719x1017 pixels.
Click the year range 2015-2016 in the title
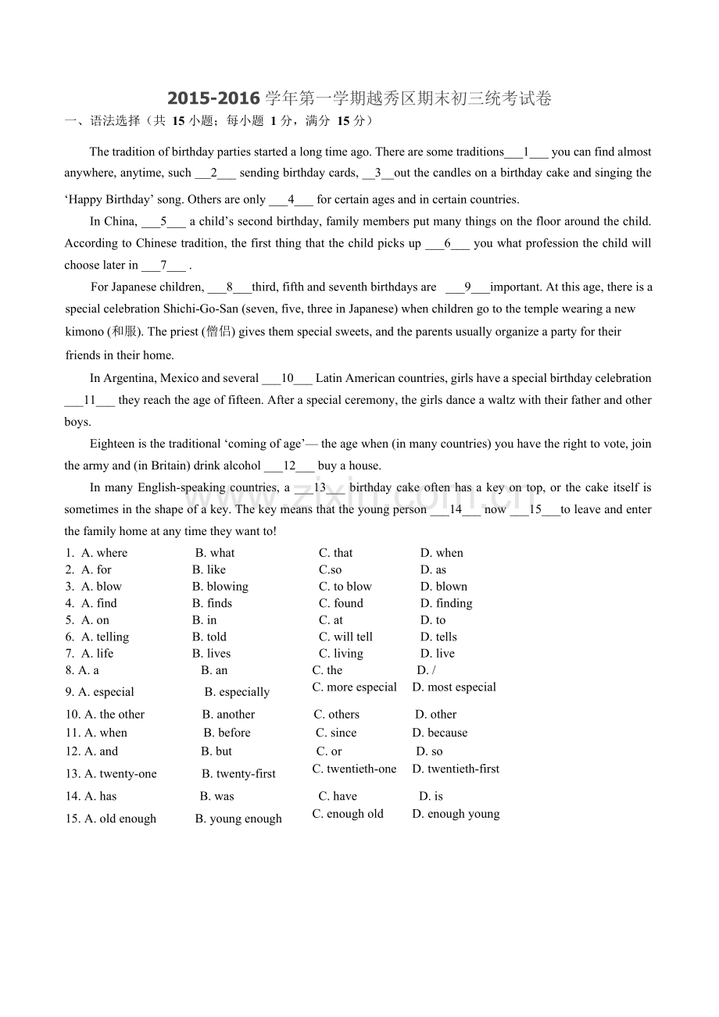coord(213,98)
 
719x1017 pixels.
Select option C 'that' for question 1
coord(336,553)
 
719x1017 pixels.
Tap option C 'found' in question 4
coord(342,604)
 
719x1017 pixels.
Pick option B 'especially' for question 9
coord(238,692)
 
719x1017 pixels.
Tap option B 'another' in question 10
coord(229,715)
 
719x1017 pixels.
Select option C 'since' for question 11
coord(337,733)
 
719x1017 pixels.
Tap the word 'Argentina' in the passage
coord(130,379)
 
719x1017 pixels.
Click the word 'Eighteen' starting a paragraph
coord(113,444)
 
